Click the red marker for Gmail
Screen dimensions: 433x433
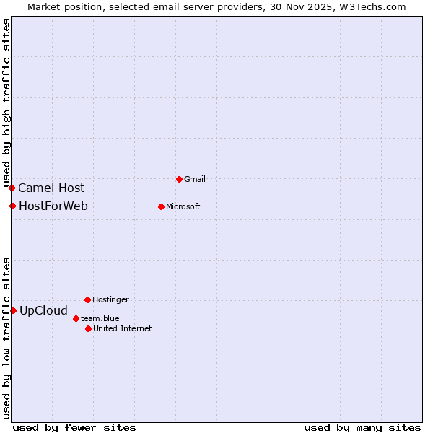click(x=180, y=179)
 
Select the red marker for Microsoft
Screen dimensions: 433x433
click(x=161, y=206)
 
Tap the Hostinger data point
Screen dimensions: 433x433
click(x=87, y=299)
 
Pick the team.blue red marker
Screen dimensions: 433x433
click(x=76, y=318)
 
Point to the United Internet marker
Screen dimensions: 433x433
click(x=88, y=328)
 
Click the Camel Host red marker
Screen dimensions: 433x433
click(x=12, y=188)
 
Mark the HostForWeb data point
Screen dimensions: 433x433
click(x=12, y=206)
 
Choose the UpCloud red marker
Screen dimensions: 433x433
click(x=13, y=310)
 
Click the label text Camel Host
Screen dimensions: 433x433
click(x=51, y=188)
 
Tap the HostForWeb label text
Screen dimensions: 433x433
click(x=53, y=206)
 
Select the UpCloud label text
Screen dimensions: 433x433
click(x=43, y=311)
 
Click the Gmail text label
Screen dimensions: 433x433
click(x=195, y=179)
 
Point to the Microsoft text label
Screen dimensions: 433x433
click(x=183, y=206)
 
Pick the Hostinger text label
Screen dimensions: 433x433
click(x=110, y=299)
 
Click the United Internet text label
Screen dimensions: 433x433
click(x=123, y=328)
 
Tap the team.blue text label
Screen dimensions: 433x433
click(x=100, y=318)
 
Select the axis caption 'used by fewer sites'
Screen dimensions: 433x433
click(x=74, y=427)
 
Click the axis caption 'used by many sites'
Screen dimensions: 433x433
click(x=362, y=427)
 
